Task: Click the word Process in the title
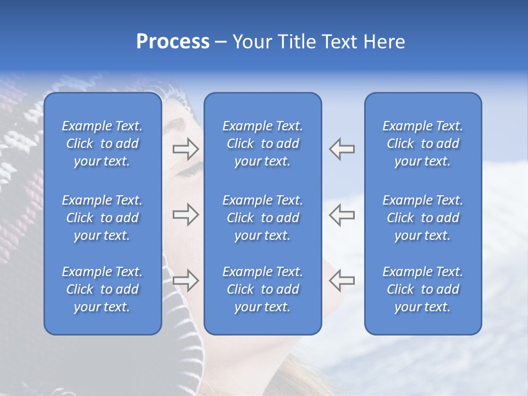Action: tap(173, 42)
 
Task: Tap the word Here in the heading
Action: tap(383, 42)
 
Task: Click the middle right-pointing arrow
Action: tap(185, 215)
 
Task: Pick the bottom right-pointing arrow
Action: tap(185, 280)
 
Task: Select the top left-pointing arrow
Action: tap(342, 148)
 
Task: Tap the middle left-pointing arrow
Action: tap(342, 215)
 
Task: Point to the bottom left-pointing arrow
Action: tap(342, 280)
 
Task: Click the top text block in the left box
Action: tap(102, 144)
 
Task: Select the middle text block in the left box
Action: tap(102, 218)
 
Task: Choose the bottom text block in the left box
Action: tap(102, 289)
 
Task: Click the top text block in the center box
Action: tap(262, 144)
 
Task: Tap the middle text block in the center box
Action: tap(262, 218)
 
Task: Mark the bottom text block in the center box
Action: tap(262, 289)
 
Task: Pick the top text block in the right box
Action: tap(422, 144)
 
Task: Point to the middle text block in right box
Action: tap(422, 218)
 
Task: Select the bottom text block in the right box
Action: tap(422, 289)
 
